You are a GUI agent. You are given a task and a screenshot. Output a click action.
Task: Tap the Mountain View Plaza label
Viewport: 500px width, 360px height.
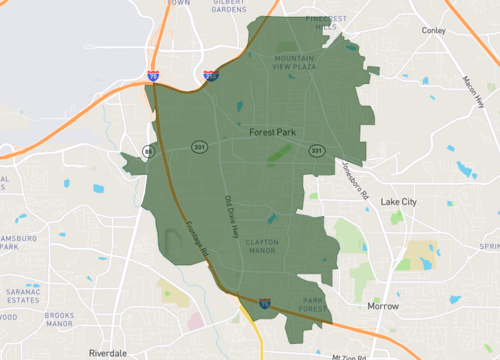(301, 63)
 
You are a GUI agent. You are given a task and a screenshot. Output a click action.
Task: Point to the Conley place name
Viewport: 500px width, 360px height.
(433, 31)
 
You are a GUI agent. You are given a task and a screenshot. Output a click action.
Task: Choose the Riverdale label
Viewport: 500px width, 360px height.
(108, 353)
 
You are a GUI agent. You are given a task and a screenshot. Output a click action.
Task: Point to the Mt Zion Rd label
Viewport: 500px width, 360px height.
(349, 356)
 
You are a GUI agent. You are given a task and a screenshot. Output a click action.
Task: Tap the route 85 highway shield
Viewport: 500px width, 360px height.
(147, 152)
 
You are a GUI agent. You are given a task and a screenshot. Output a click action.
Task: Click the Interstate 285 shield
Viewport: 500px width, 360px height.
(210, 75)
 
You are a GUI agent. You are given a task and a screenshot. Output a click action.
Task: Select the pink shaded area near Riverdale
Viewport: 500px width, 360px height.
(194, 323)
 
